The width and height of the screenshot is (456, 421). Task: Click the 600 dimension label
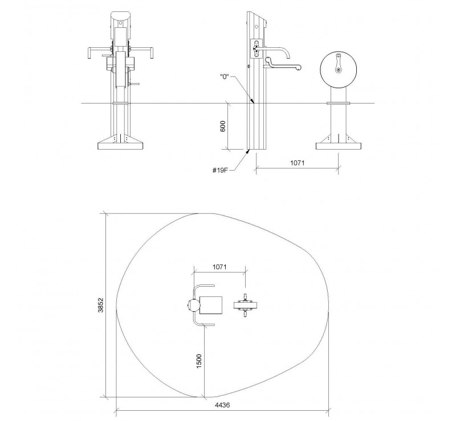pyautogui.click(x=223, y=126)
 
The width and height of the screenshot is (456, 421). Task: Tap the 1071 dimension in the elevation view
pyautogui.click(x=297, y=163)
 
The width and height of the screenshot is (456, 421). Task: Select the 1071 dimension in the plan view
pyautogui.click(x=219, y=267)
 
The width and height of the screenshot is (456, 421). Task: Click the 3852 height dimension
pyautogui.click(x=101, y=305)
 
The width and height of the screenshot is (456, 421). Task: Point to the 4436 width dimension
pyautogui.click(x=222, y=405)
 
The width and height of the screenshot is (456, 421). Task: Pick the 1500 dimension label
pyautogui.click(x=199, y=361)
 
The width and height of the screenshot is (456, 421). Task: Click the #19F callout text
pyautogui.click(x=220, y=170)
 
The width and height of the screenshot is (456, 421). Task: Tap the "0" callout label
pyautogui.click(x=225, y=77)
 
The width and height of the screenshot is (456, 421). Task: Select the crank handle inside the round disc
pyautogui.click(x=338, y=63)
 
